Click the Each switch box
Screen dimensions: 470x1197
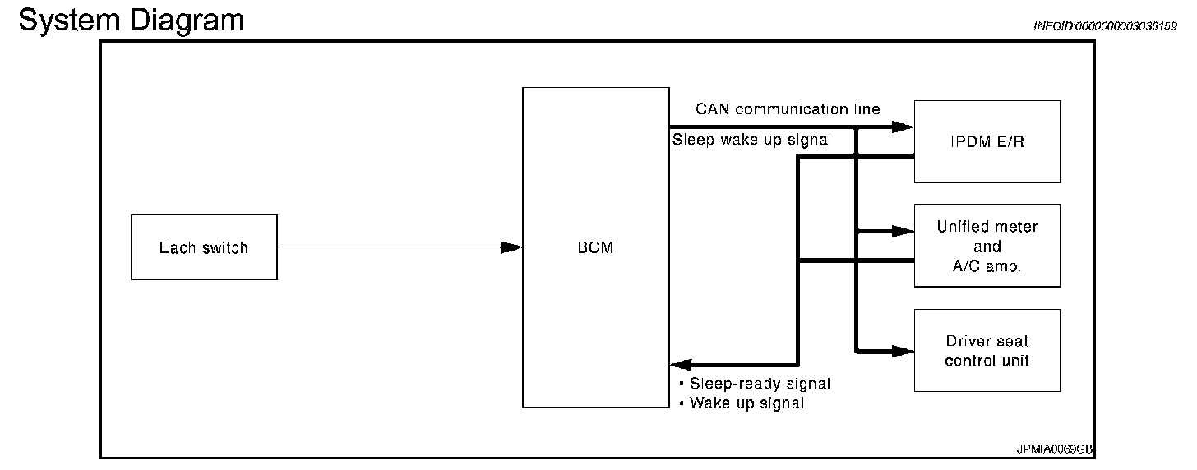204,247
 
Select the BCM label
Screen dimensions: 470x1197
595,248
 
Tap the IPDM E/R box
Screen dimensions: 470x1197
987,141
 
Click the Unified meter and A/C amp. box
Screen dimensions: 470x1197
987,246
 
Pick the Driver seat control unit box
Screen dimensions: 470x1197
987,350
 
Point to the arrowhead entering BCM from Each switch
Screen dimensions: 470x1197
511,247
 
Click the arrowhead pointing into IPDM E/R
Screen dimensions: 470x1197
904,127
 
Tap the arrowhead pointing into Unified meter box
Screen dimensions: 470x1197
904,232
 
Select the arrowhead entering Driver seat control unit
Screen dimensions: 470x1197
904,352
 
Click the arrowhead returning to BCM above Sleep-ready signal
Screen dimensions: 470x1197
682,364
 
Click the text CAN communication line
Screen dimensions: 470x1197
788,109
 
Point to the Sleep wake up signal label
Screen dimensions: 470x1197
751,140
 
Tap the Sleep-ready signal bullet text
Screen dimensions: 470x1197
760,384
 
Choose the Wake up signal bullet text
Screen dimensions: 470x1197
746,403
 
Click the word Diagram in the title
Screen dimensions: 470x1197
187,20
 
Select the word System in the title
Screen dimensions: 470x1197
70,20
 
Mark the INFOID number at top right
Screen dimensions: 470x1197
1105,26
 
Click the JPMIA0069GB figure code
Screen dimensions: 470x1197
1055,449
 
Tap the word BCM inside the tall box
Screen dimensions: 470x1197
595,248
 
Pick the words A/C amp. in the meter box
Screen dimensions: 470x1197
987,265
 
